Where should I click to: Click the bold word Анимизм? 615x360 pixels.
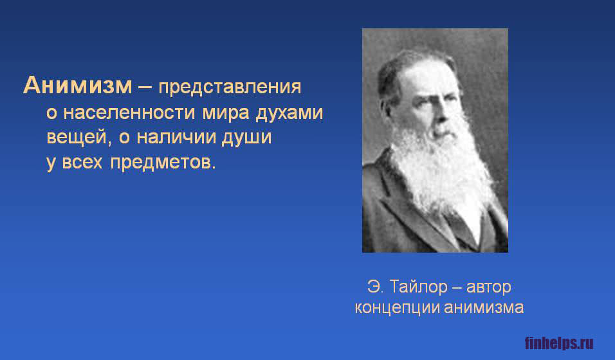78,85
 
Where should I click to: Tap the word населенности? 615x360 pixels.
129,113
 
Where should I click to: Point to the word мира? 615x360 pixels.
226,114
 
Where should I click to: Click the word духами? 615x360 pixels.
289,114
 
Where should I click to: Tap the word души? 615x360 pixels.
246,138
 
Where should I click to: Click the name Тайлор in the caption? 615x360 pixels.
419,287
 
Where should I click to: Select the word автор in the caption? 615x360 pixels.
489,287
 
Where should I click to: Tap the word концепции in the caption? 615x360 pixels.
397,308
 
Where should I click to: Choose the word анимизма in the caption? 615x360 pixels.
484,307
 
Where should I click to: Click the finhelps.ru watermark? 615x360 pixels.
559,343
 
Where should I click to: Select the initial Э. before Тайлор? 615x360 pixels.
375,287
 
